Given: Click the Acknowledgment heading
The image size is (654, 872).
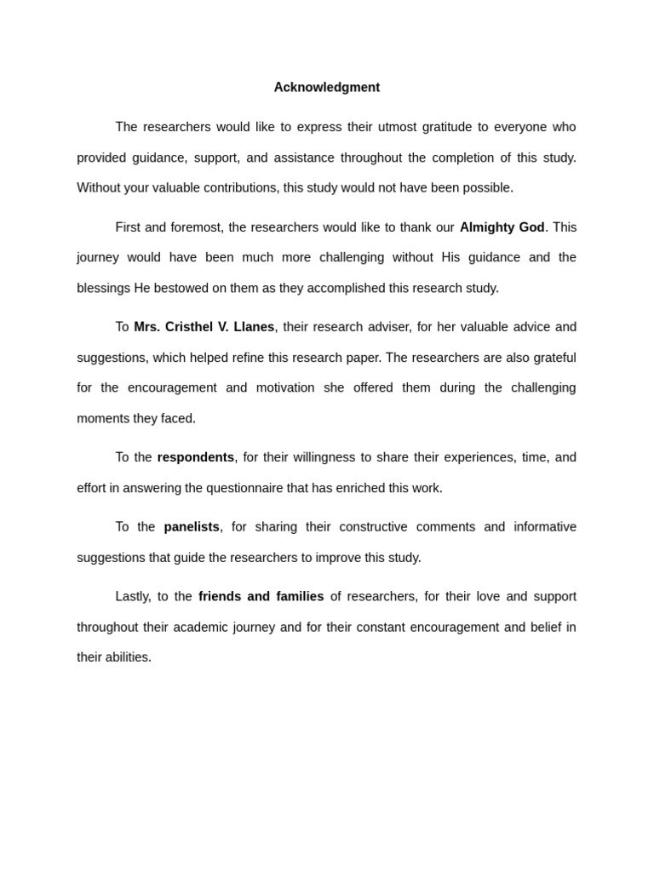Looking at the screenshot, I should [x=327, y=88].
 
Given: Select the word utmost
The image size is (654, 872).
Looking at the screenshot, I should [x=394, y=127].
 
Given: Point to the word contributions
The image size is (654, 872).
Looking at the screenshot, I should [x=240, y=187].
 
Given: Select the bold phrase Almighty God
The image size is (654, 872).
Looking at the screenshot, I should [x=502, y=227].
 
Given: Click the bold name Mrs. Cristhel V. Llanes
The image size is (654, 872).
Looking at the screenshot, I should [x=204, y=327].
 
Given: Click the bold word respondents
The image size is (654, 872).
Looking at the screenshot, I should [x=196, y=457].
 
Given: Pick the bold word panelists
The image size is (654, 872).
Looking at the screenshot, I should [x=192, y=527].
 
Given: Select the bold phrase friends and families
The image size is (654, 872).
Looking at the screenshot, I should [x=261, y=596].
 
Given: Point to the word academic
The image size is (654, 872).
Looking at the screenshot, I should [x=198, y=627].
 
